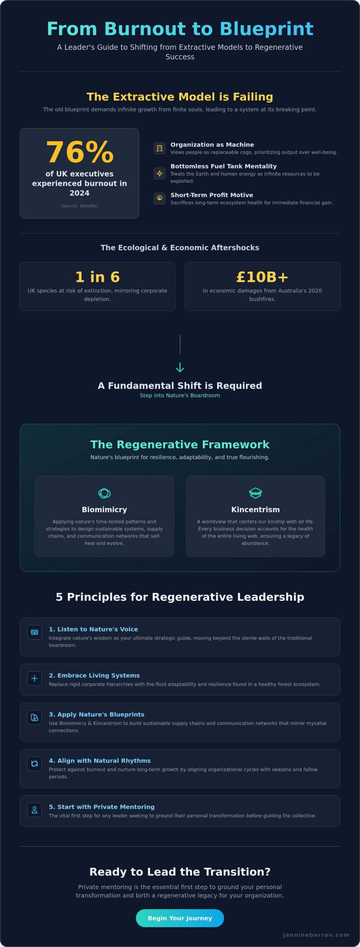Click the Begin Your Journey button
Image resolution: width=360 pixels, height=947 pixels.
click(x=180, y=918)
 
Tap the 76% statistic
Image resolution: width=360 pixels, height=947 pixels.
click(x=80, y=152)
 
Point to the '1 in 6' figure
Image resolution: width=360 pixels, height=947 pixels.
click(x=97, y=277)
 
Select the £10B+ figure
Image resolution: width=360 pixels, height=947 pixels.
click(x=262, y=277)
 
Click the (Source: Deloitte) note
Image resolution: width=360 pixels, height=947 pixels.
click(x=80, y=206)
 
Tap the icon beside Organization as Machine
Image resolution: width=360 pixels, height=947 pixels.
click(x=159, y=148)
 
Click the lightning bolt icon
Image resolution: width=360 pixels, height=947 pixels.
click(x=159, y=173)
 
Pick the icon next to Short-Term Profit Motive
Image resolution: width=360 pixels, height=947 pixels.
click(x=159, y=198)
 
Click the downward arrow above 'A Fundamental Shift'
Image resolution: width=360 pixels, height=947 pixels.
click(x=180, y=367)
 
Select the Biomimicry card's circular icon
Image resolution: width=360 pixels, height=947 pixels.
click(x=104, y=493)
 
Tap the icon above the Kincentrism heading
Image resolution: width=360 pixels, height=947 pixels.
click(x=255, y=493)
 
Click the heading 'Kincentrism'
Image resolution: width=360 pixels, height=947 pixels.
click(x=255, y=509)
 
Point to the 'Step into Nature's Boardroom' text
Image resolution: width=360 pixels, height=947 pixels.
click(x=180, y=395)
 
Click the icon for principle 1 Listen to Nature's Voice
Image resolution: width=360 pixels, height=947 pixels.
click(x=34, y=632)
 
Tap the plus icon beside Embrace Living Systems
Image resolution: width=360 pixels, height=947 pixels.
click(x=34, y=678)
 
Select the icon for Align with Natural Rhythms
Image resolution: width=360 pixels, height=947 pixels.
click(x=34, y=764)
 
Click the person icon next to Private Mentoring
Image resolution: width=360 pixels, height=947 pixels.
click(x=34, y=810)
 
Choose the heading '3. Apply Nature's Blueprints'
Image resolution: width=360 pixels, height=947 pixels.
click(x=97, y=714)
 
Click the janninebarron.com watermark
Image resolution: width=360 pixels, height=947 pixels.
click(x=316, y=935)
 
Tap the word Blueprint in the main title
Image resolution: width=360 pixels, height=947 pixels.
click(x=266, y=29)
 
